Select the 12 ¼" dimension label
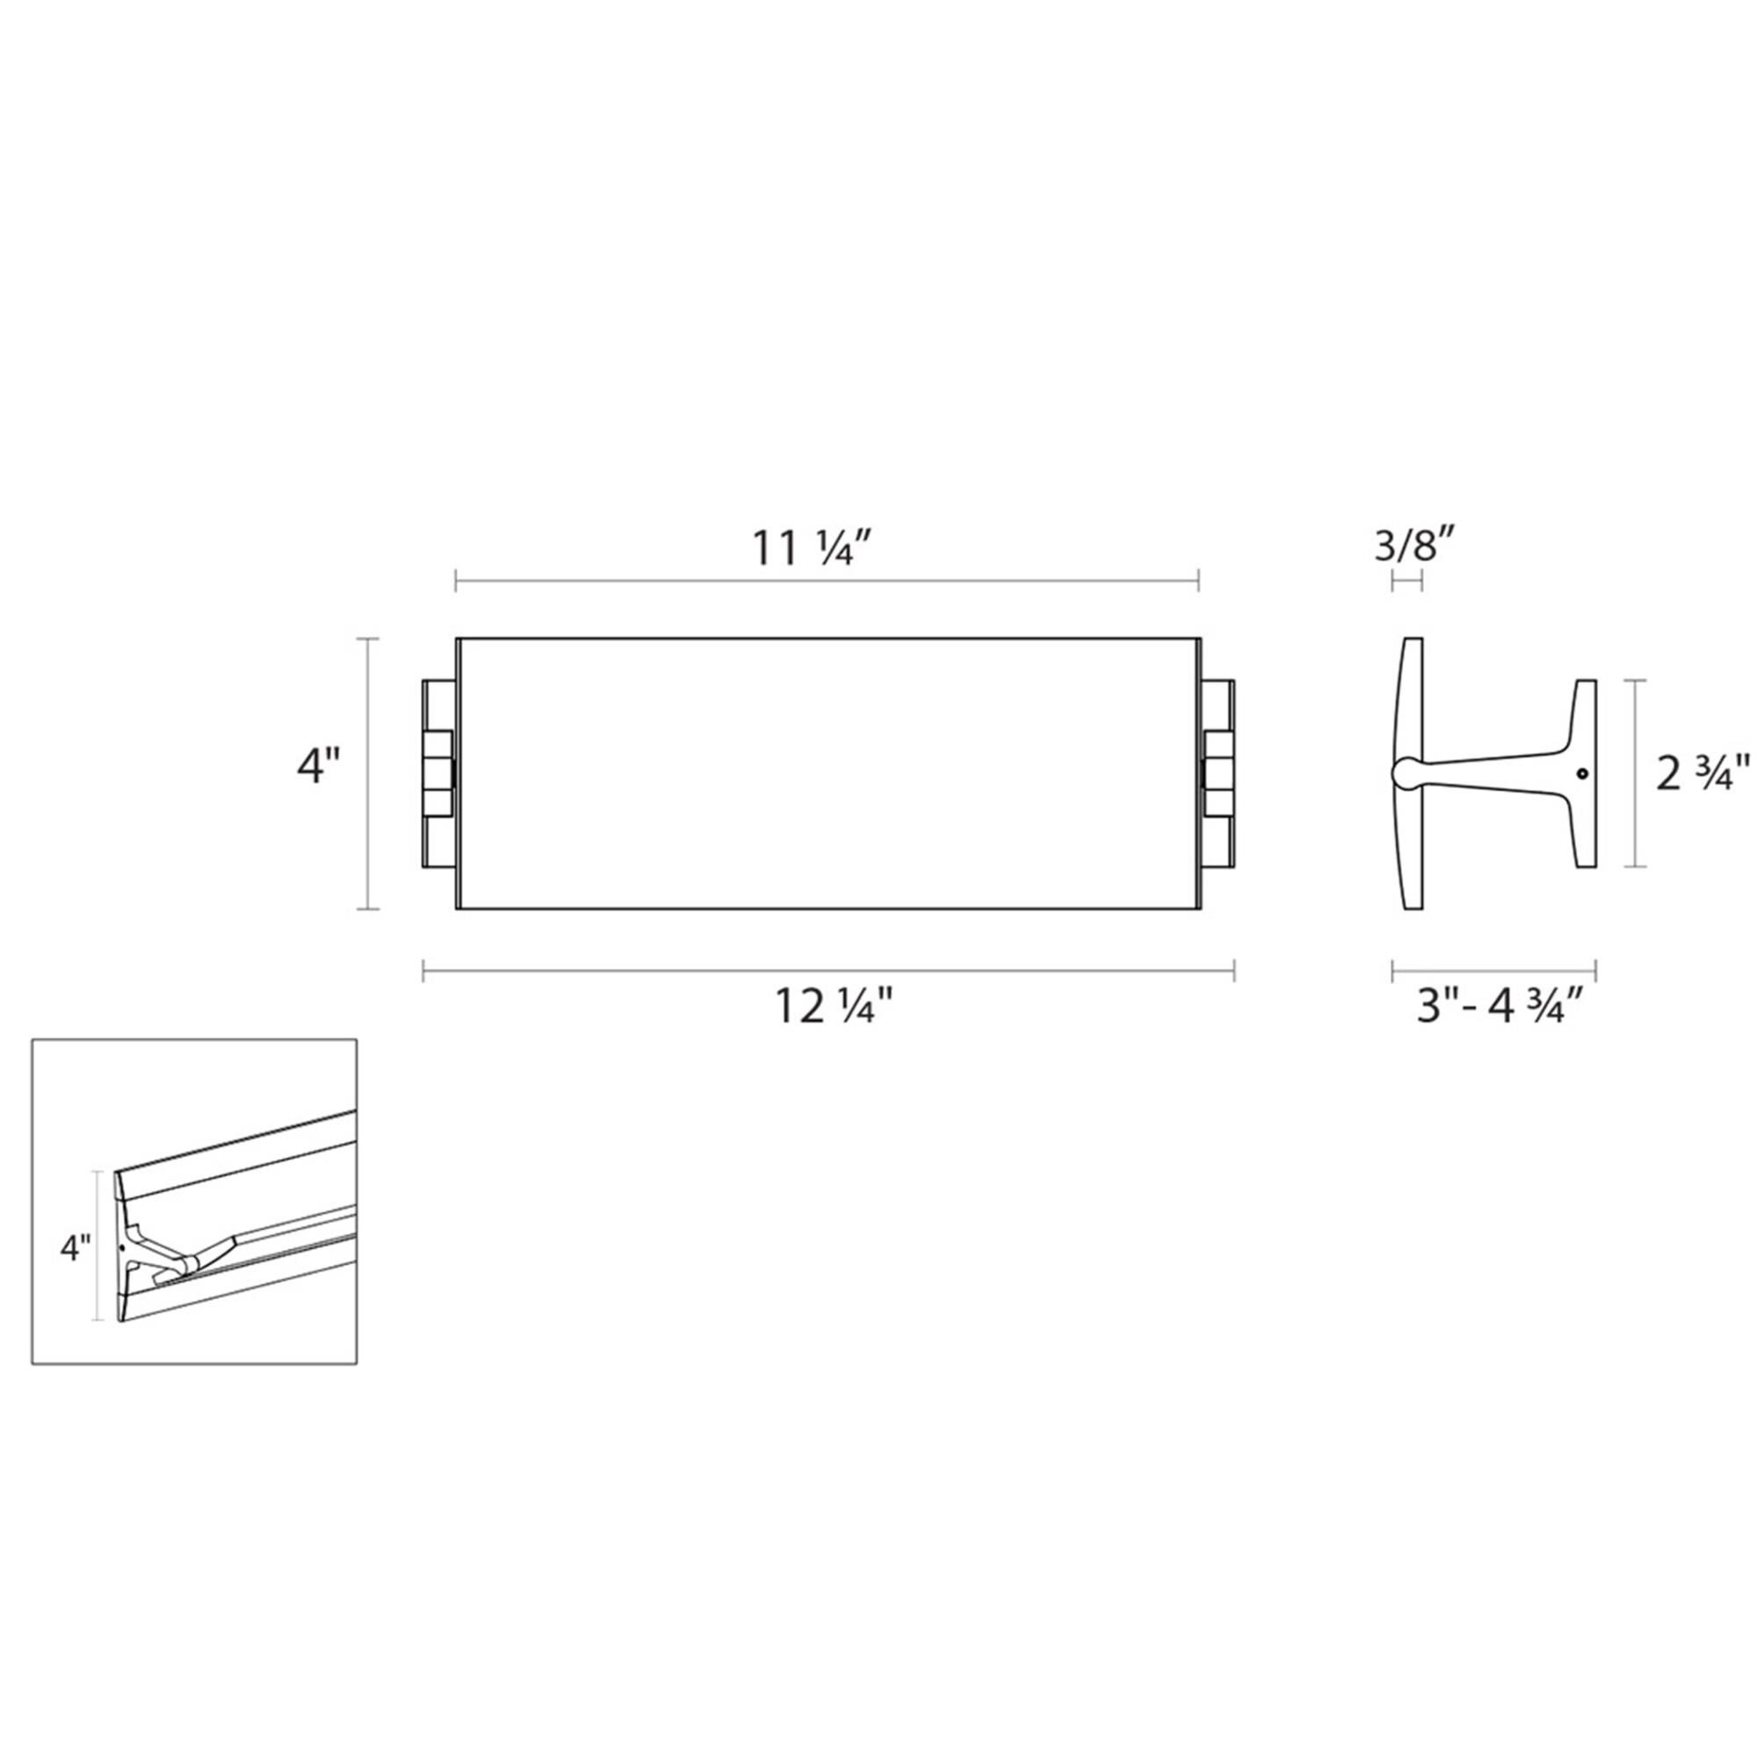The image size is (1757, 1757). click(834, 1008)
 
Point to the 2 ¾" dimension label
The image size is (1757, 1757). click(1703, 773)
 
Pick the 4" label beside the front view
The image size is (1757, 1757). click(319, 766)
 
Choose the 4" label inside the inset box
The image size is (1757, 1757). click(76, 1248)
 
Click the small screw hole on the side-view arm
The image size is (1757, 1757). click(1583, 774)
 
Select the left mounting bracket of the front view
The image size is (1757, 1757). click(437, 773)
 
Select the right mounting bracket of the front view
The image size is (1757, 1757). click(1218, 773)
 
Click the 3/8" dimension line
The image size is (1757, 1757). click(1406, 580)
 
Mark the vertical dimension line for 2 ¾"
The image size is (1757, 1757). click(1636, 773)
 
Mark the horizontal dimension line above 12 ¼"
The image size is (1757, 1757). click(828, 971)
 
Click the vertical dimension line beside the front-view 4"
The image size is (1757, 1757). click(367, 773)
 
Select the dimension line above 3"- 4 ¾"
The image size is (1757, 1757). click(1494, 971)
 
